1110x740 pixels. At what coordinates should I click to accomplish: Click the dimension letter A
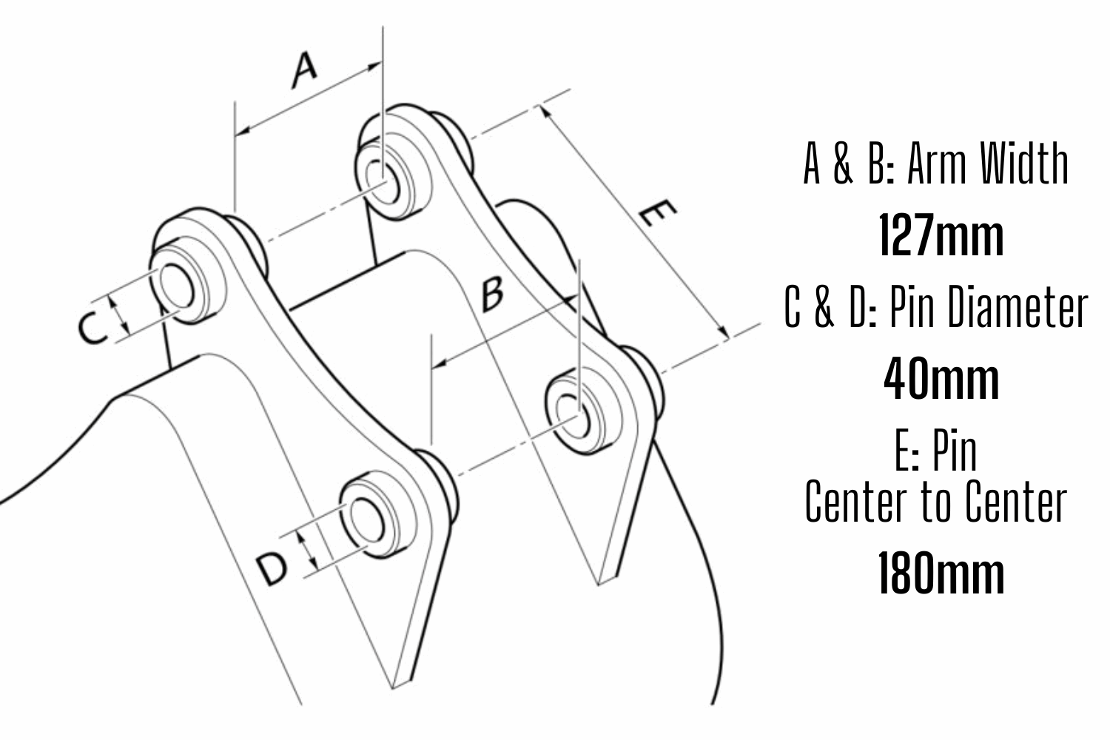(x=304, y=70)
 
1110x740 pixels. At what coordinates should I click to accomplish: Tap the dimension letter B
(x=492, y=293)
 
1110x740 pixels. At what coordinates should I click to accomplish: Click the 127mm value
(x=941, y=236)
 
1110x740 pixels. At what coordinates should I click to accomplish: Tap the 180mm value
(x=941, y=574)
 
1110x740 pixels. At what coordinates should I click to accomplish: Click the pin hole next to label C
(x=178, y=287)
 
